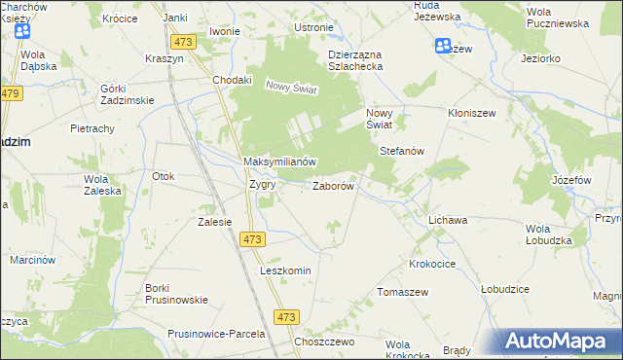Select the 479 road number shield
11,93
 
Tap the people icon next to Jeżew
444,46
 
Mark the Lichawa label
448,221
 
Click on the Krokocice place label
434,264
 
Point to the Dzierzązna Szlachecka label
355,60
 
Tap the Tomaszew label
403,292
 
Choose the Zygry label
262,184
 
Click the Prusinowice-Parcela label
216,334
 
